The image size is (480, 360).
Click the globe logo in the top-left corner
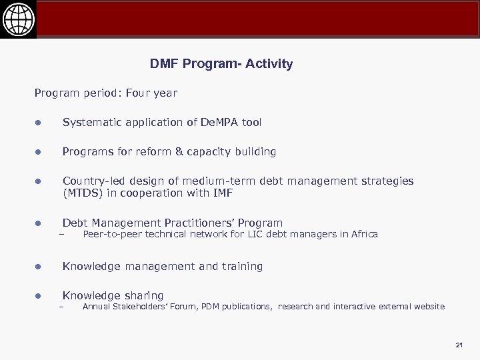click(18, 18)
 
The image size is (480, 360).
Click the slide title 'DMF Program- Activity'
click(221, 64)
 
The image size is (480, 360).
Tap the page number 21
click(459, 345)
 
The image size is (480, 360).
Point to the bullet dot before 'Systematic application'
click(39, 123)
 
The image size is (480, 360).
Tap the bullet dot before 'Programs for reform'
click(39, 152)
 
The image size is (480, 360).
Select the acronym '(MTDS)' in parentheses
click(83, 193)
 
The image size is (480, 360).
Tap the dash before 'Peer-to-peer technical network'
click(60, 235)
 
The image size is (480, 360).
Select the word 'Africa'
click(363, 234)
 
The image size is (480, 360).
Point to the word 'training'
click(241, 266)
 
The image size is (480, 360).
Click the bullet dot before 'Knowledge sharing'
click(39, 296)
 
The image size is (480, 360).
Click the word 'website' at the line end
click(427, 307)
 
